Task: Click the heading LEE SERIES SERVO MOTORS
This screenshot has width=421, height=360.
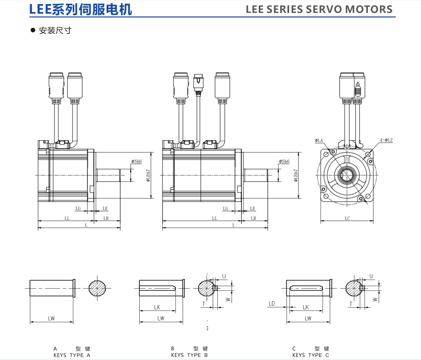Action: tap(319, 9)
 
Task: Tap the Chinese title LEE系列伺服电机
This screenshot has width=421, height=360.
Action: tap(81, 9)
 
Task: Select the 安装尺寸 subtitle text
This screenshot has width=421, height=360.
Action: tap(55, 31)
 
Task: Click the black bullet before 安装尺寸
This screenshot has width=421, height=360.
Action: tap(33, 31)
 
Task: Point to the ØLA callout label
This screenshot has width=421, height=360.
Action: tap(319, 140)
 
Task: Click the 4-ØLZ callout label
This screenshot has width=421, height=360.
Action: tap(386, 140)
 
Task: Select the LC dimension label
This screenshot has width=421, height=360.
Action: tap(347, 218)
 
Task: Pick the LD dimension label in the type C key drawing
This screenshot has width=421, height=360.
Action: tap(272, 303)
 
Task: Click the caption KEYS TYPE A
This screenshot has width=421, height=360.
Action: tap(72, 355)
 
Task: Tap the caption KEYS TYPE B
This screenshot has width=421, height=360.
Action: tap(189, 355)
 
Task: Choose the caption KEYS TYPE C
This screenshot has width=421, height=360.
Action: tap(310, 355)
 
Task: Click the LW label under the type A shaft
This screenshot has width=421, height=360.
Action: tap(51, 318)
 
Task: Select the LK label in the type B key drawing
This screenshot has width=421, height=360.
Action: tap(157, 307)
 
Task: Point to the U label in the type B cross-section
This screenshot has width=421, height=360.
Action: tap(224, 276)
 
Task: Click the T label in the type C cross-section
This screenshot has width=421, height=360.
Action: tap(350, 304)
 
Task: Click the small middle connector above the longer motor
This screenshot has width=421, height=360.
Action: tap(198, 83)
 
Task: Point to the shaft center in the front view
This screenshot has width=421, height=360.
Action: tap(347, 176)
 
